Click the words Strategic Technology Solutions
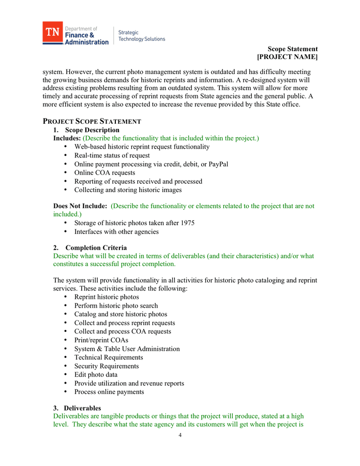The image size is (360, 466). pyautogui.click(x=142, y=36)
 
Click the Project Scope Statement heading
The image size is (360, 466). pyautogui.click(x=92, y=121)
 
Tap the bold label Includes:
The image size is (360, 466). pyautogui.click(x=67, y=138)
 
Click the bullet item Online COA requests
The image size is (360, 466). pyautogui.click(x=104, y=173)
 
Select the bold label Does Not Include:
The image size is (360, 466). pyautogui.click(x=80, y=206)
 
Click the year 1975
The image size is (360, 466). pyautogui.click(x=185, y=223)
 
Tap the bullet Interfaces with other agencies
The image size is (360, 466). pyautogui.click(x=116, y=231)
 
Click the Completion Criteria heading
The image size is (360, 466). pyautogui.click(x=96, y=247)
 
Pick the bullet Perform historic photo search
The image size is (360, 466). pyautogui.click(x=116, y=305)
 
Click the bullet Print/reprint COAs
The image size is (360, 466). pyautogui.click(x=101, y=340)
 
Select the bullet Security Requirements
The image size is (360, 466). pyautogui.click(x=107, y=366)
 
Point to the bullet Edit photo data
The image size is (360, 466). pyautogui.click(x=96, y=374)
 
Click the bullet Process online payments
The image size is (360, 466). pyautogui.click(x=109, y=392)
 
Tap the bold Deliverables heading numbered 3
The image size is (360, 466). pyautogui.click(x=82, y=408)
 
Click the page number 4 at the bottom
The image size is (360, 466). pyautogui.click(x=180, y=435)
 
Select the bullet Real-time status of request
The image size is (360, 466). pyautogui.click(x=112, y=155)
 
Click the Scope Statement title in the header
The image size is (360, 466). pyautogui.click(x=289, y=49)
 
